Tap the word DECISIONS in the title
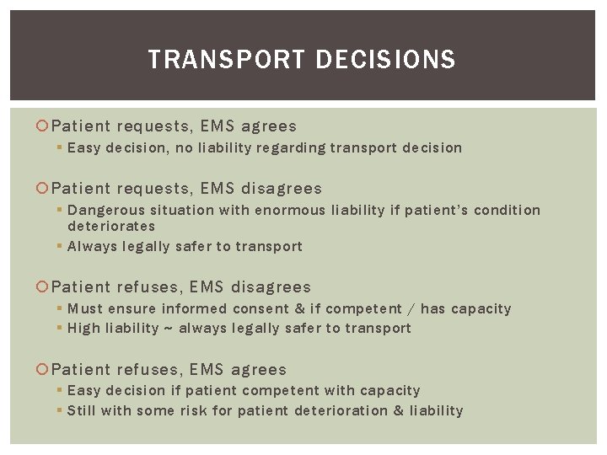tap(384, 60)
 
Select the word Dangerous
tap(106, 210)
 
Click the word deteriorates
tap(111, 226)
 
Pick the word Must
tap(85, 308)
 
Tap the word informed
tap(195, 308)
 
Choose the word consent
tap(260, 308)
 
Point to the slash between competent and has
tap(410, 309)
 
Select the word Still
tap(83, 410)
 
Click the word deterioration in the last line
tap(341, 410)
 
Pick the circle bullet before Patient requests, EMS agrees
tap(44, 126)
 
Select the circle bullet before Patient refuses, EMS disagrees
tap(44, 288)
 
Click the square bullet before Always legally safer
tap(60, 247)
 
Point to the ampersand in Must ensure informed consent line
tap(299, 308)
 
